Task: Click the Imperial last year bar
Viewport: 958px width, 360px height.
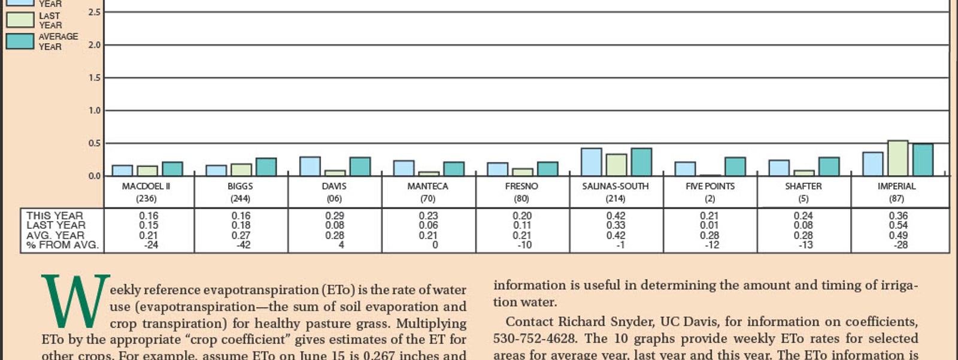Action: coord(898,159)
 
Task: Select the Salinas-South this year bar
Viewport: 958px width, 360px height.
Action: coord(592,162)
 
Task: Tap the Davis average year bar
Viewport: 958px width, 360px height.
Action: coord(360,167)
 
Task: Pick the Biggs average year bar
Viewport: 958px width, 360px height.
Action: coord(266,167)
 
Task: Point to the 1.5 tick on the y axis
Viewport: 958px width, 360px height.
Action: coord(95,78)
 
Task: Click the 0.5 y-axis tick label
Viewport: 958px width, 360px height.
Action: coord(95,143)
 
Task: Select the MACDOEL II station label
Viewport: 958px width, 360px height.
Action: coord(146,186)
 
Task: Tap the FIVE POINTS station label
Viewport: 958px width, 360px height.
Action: coord(710,186)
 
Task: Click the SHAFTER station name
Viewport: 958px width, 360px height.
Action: coord(804,186)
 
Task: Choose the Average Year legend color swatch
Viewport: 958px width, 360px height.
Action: coord(20,41)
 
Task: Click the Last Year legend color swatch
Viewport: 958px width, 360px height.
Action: coord(20,20)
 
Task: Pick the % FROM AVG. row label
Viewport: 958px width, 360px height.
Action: coord(62,245)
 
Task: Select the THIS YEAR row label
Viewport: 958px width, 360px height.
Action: coord(54,216)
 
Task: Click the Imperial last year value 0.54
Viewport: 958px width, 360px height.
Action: coord(898,225)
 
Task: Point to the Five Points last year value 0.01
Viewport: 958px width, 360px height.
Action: coord(710,225)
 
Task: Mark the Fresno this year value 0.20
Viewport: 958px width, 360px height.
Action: coord(522,216)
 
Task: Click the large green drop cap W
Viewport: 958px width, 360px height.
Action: coord(75,301)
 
